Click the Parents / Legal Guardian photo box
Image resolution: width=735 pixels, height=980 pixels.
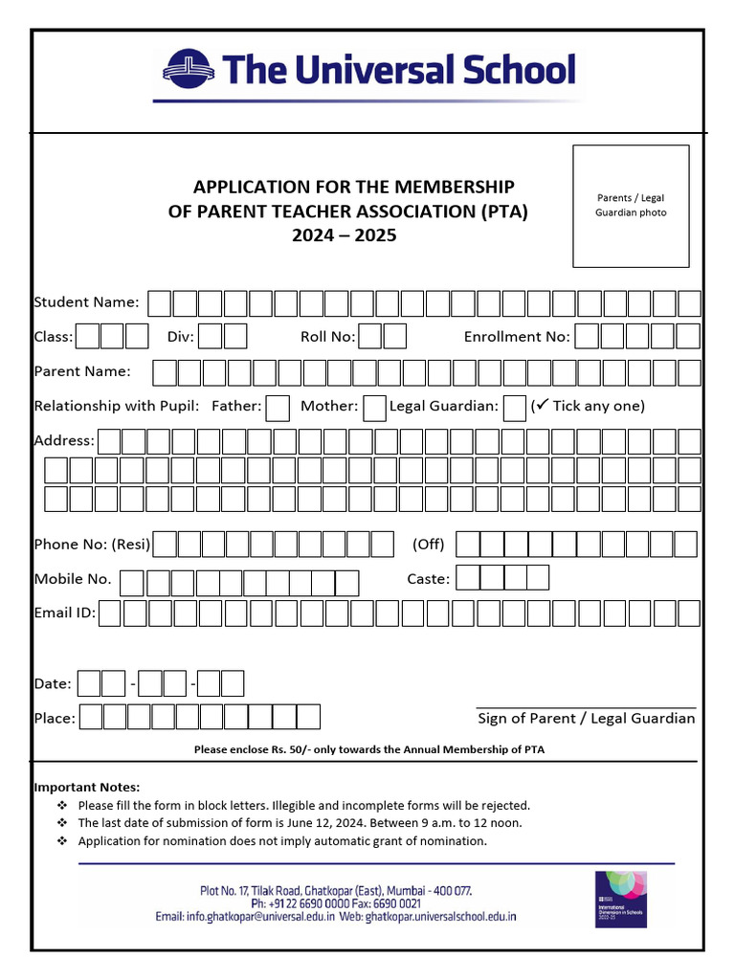[x=631, y=206]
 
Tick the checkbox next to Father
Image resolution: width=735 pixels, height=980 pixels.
[x=278, y=408]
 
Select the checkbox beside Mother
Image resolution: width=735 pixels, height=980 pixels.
[x=375, y=408]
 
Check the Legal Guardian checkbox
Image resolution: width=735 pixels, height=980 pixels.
[x=514, y=408]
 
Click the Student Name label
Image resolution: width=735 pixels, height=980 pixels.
[x=86, y=302]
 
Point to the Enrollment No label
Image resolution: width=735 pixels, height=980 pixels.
[x=517, y=336]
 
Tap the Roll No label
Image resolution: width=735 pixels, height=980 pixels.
[x=327, y=336]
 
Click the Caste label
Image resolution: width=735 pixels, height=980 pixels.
[x=428, y=578]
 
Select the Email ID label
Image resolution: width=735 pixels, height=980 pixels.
[x=64, y=612]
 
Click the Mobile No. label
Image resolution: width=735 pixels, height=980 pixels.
[x=73, y=578]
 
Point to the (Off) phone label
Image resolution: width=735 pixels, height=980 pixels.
[x=429, y=544]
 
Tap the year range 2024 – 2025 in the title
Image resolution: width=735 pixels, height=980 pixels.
[x=344, y=234]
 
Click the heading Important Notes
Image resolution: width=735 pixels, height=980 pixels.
[x=86, y=787]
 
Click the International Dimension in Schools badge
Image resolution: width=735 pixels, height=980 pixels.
[x=620, y=900]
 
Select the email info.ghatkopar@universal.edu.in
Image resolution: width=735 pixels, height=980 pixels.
[x=245, y=917]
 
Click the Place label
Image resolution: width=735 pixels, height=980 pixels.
[x=54, y=718]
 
